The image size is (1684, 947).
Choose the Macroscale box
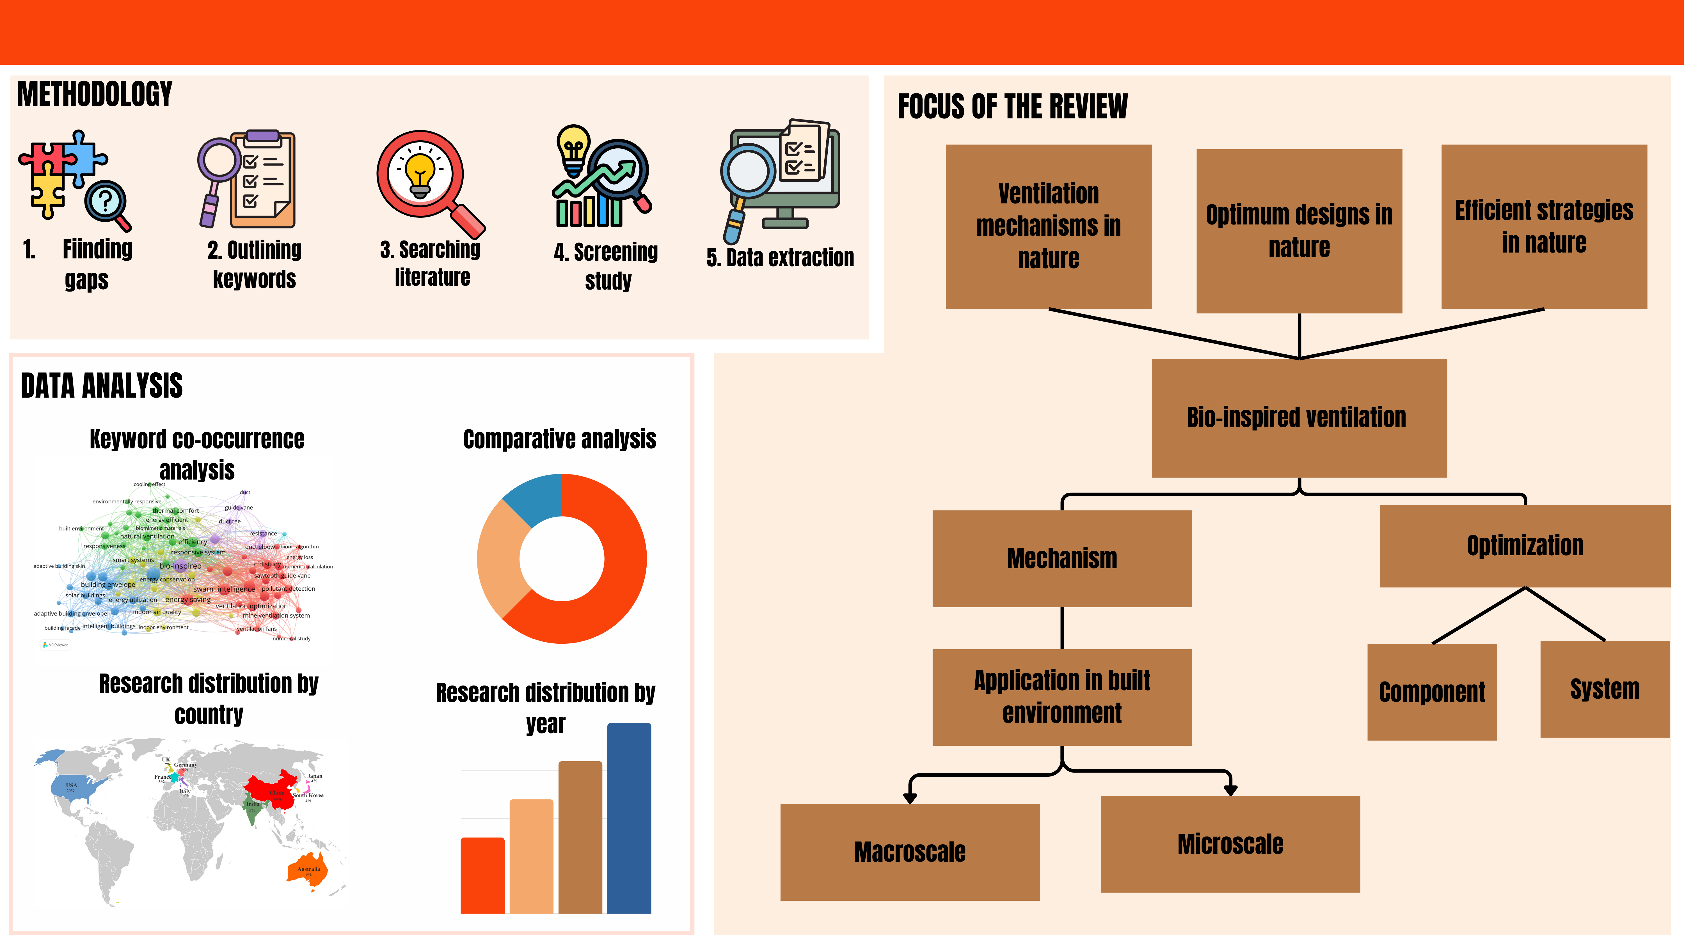(x=909, y=852)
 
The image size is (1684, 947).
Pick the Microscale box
(x=1230, y=844)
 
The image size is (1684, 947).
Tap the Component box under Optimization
(x=1432, y=691)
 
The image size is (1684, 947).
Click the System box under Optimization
(x=1605, y=689)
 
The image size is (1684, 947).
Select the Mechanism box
(x=1062, y=558)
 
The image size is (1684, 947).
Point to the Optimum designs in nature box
(x=1299, y=231)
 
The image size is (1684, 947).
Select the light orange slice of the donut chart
(x=500, y=559)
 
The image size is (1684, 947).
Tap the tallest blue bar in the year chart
(x=629, y=817)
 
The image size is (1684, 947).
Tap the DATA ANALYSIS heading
(x=101, y=386)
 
